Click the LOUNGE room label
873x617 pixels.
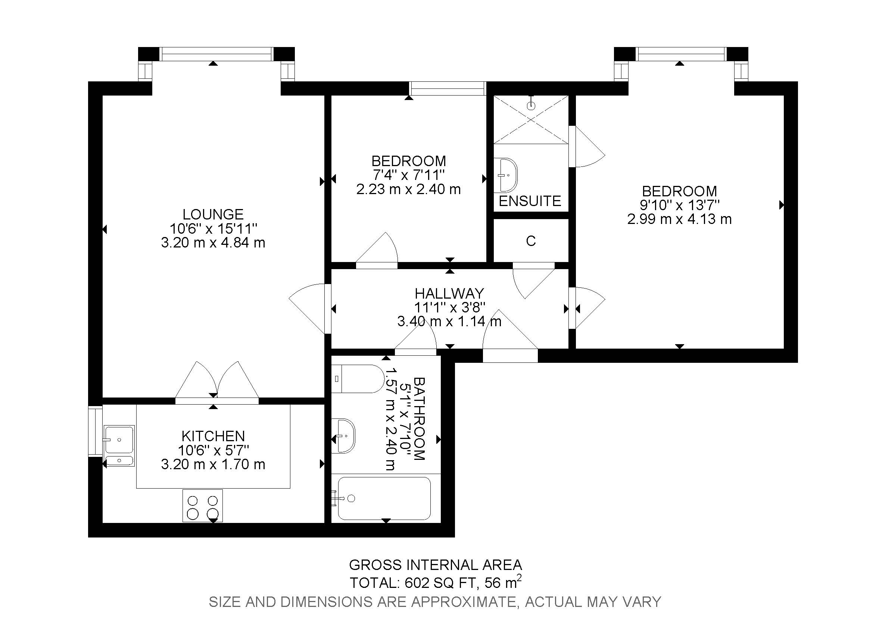[213, 214]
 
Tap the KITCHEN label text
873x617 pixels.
[213, 436]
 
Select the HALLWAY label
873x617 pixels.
[449, 293]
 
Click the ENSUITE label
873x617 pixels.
[530, 201]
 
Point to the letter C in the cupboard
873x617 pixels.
[531, 241]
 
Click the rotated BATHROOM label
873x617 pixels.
[419, 418]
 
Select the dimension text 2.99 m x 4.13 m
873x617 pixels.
[679, 219]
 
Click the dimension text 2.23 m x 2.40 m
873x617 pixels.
[408, 189]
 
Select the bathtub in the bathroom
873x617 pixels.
[384, 498]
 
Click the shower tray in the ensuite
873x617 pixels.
[530, 119]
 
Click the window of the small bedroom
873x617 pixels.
[448, 88]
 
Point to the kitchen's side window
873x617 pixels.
[95, 431]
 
